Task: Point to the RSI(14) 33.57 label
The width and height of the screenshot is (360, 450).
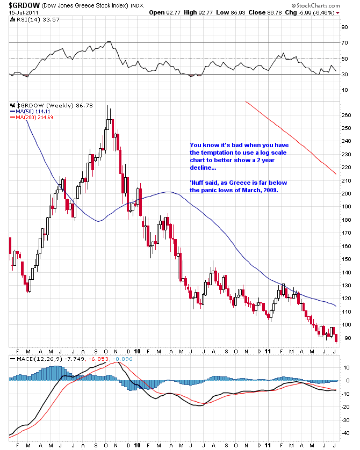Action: point(33,19)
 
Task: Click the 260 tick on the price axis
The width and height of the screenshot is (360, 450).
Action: point(346,115)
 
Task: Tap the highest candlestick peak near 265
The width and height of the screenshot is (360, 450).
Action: point(109,106)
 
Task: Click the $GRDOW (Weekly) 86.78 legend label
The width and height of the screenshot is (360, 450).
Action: point(47,105)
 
